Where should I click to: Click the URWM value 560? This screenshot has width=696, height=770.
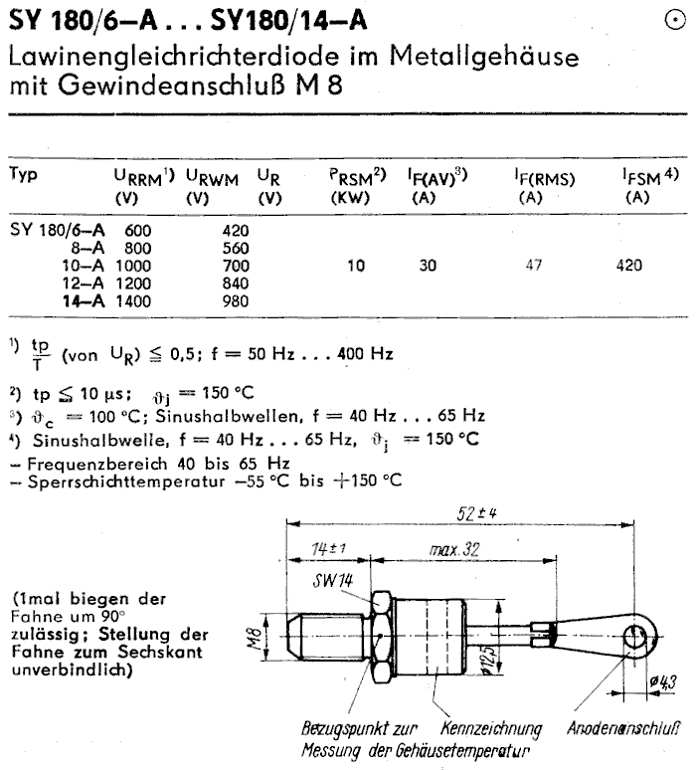pyautogui.click(x=235, y=248)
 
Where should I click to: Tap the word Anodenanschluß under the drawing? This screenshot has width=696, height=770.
pyautogui.click(x=625, y=727)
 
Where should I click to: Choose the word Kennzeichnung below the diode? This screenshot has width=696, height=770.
pyautogui.click(x=489, y=727)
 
